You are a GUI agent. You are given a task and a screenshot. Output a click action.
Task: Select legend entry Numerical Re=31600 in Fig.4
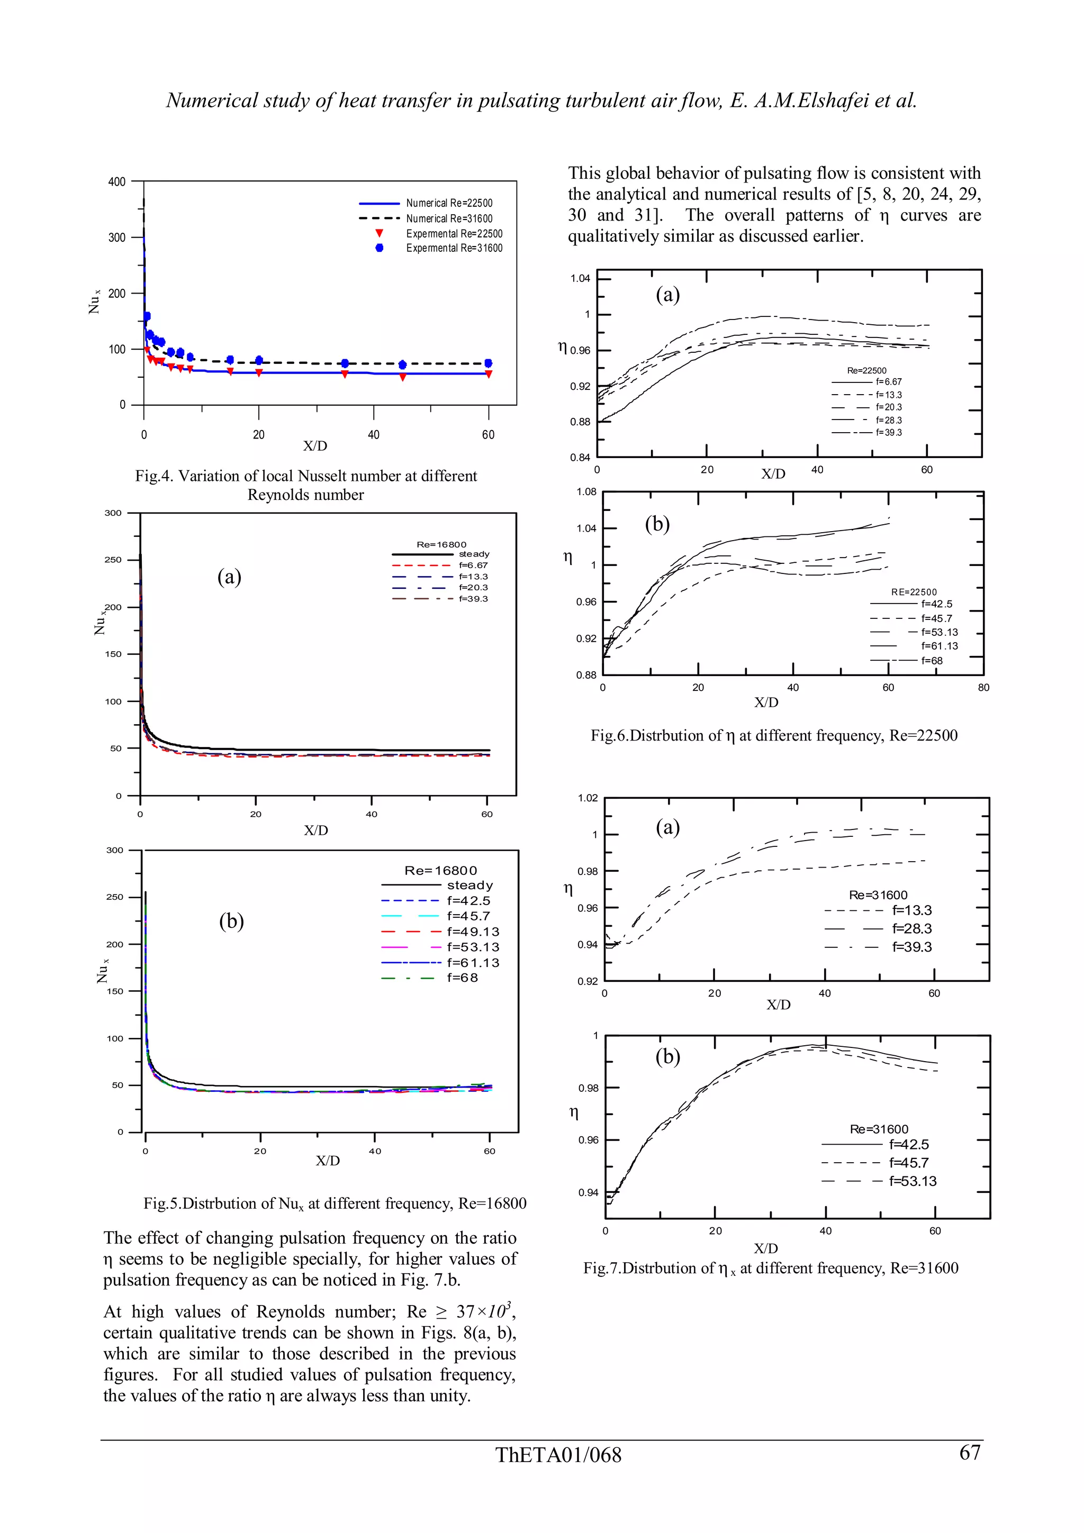(449, 218)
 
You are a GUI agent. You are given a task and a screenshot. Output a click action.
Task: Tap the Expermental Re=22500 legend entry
(454, 234)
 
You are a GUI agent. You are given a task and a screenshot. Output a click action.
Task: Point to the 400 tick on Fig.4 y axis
(117, 181)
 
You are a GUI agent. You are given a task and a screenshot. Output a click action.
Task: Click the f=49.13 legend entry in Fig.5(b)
(473, 932)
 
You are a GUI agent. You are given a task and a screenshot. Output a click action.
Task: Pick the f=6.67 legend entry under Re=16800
(473, 565)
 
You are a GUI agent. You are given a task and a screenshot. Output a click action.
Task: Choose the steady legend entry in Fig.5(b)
(469, 886)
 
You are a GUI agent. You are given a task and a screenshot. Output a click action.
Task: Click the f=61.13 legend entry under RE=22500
(939, 646)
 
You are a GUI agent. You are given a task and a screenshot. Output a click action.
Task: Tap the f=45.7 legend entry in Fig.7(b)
(908, 1162)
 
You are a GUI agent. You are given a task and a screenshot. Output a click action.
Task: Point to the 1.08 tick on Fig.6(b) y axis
(586, 492)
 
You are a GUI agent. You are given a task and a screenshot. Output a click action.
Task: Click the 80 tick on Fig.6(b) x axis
(983, 687)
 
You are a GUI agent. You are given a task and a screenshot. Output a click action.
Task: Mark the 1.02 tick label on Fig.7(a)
(588, 797)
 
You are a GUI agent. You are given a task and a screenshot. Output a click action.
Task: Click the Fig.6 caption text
(773, 735)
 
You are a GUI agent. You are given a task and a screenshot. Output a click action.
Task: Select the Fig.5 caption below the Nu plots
(335, 1203)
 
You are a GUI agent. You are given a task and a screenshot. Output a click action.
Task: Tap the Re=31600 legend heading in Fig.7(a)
(878, 895)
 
